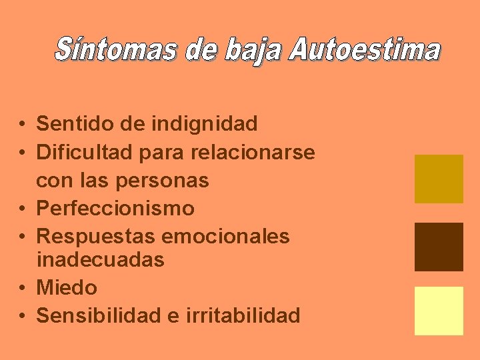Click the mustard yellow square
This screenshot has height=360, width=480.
pyautogui.click(x=439, y=179)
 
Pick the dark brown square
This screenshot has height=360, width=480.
pyautogui.click(x=439, y=247)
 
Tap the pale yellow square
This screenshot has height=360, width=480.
pyautogui.click(x=439, y=311)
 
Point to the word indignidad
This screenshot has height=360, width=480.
pyautogui.click(x=204, y=123)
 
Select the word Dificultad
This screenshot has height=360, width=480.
pyautogui.click(x=85, y=152)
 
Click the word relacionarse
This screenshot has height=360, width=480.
pyautogui.click(x=253, y=152)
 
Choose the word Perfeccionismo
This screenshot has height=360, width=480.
pyautogui.click(x=115, y=209)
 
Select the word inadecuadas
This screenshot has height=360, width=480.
pyautogui.click(x=100, y=260)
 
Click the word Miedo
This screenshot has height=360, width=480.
pyautogui.click(x=67, y=288)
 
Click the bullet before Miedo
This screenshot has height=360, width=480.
pyautogui.click(x=23, y=289)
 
